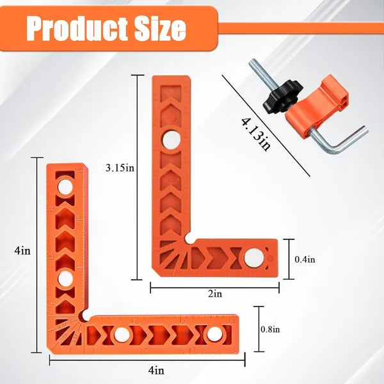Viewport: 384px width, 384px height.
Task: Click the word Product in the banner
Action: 77,28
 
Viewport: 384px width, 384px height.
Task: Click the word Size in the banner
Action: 161,28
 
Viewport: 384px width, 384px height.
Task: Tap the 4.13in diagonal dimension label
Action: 256,134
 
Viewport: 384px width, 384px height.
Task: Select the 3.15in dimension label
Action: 120,168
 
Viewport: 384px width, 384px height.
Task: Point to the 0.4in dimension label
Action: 305,259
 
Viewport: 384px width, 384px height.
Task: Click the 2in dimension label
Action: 215,294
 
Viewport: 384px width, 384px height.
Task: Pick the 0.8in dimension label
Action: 270,330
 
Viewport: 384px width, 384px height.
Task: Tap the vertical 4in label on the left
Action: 22,251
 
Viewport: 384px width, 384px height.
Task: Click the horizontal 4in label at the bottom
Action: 156,371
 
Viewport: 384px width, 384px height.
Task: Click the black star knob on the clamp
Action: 283,97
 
